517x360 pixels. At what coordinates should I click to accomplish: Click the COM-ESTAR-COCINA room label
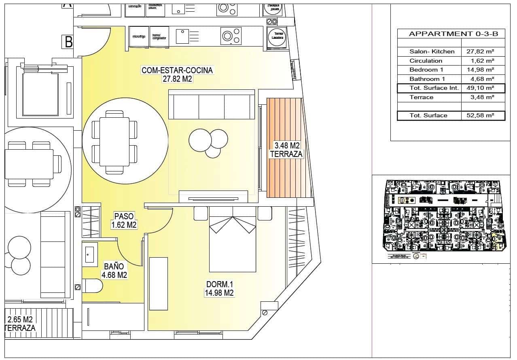click(177, 74)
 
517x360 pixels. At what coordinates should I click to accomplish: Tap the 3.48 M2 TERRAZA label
click(286, 149)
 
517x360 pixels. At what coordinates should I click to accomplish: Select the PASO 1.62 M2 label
click(124, 220)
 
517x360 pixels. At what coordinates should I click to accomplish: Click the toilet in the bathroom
click(93, 286)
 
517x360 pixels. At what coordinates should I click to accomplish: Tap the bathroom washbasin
click(90, 253)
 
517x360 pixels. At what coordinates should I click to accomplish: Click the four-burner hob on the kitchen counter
click(231, 36)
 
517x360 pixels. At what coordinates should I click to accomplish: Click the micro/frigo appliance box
click(139, 37)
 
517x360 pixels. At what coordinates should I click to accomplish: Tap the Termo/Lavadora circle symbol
click(277, 36)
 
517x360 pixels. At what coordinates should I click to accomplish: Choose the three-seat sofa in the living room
click(212, 104)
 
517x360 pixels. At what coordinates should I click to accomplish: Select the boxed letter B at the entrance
click(68, 42)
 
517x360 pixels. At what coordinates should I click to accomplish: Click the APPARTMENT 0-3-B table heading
click(451, 34)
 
